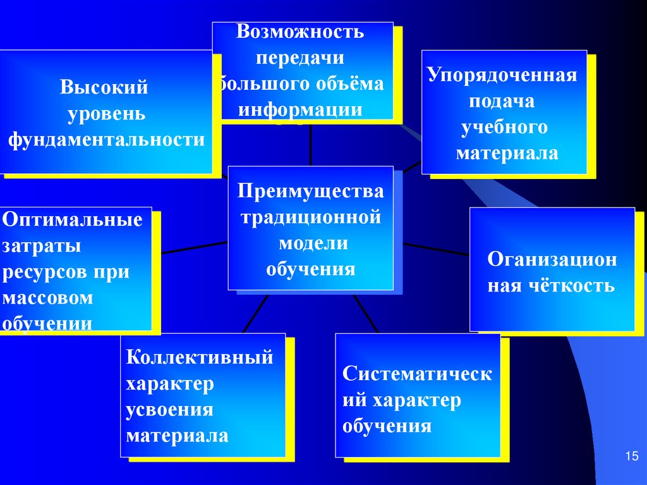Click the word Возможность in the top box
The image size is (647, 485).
(300, 32)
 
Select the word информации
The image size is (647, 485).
(300, 109)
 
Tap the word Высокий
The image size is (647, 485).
(104, 87)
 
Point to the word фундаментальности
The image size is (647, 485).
(106, 140)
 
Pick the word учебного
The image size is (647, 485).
(504, 127)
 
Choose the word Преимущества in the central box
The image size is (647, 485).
(310, 191)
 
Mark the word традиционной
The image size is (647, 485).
(310, 218)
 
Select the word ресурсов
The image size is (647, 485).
(40, 273)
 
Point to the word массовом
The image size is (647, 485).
(48, 298)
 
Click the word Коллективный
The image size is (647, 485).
(200, 357)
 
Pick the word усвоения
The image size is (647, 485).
(170, 410)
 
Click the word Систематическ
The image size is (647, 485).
(417, 374)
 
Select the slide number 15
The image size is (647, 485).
(632, 457)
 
